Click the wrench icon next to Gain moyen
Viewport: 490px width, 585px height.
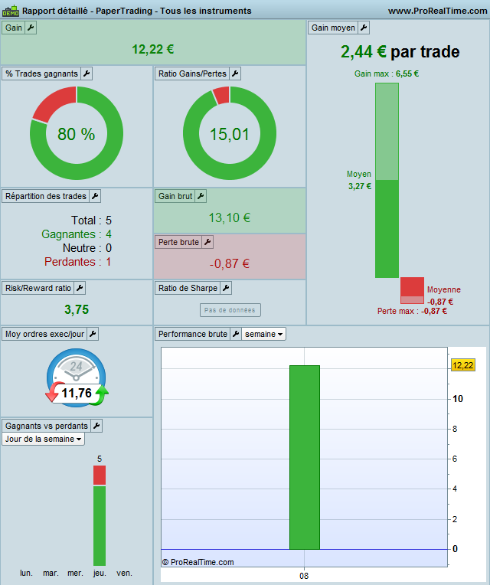coord(364,28)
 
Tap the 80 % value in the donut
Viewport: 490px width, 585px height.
coord(77,135)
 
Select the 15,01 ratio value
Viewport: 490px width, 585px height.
coord(230,135)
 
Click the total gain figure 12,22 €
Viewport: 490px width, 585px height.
coord(153,49)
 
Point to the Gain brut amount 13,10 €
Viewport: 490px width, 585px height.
coord(230,217)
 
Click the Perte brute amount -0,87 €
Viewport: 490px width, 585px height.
coord(230,264)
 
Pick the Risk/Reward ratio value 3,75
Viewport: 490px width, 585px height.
coord(77,309)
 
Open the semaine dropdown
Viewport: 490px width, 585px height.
coord(265,334)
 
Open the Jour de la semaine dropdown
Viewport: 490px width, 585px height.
coord(44,439)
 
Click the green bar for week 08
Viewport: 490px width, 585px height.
coord(304,457)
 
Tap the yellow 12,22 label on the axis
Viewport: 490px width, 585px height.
coord(463,365)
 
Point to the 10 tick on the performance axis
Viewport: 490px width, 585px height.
coord(457,399)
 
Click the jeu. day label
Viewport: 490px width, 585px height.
coord(100,573)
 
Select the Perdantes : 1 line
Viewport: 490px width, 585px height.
coord(77,262)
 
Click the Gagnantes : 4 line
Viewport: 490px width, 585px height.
coord(77,234)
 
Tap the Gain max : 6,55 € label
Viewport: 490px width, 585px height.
coord(387,74)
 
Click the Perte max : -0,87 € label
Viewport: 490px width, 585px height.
coord(412,311)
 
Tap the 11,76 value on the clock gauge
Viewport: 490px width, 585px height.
coord(77,394)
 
